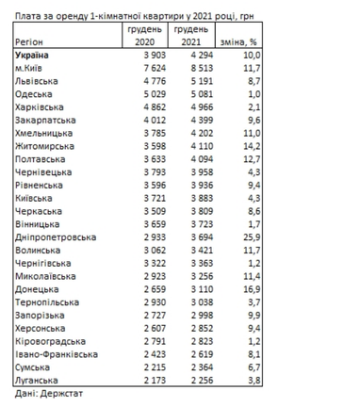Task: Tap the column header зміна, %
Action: click(x=236, y=42)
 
